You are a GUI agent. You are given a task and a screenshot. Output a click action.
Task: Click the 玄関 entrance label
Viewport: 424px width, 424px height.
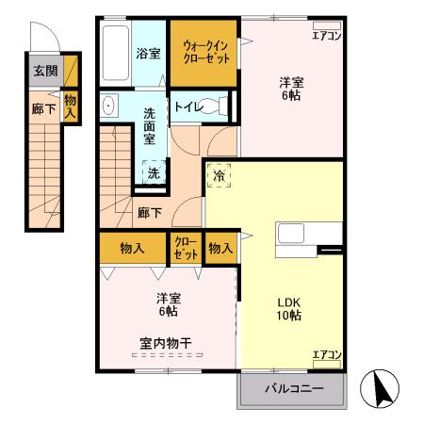[x=44, y=71]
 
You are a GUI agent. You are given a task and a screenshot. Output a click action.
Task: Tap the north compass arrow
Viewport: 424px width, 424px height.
[x=383, y=388]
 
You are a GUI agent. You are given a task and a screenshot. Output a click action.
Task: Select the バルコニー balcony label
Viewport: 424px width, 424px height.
[x=293, y=388]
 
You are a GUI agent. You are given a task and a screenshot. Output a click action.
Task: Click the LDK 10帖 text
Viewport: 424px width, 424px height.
[x=288, y=309]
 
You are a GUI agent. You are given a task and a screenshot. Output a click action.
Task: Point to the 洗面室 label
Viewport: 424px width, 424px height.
[x=151, y=126]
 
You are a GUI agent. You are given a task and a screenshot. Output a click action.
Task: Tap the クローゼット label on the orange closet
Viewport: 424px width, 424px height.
[x=185, y=249]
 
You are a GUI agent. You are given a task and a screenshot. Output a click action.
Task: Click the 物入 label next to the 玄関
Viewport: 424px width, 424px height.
[x=71, y=105]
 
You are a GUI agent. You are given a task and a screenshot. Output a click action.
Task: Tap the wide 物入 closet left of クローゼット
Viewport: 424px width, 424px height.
[x=132, y=248]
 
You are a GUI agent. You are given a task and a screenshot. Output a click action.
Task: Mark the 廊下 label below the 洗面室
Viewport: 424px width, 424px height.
[x=149, y=213]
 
